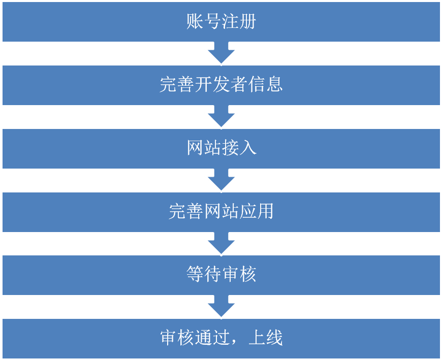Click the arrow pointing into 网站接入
[221, 117]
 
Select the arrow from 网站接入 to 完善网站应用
[221, 180]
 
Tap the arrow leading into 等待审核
[221, 243]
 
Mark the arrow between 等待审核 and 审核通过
[221, 307]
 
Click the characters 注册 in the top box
[239, 22]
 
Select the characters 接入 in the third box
[239, 148]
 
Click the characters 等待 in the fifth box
[203, 275]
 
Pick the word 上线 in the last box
[265, 338]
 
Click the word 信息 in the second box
[266, 85]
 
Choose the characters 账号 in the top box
[203, 22]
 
